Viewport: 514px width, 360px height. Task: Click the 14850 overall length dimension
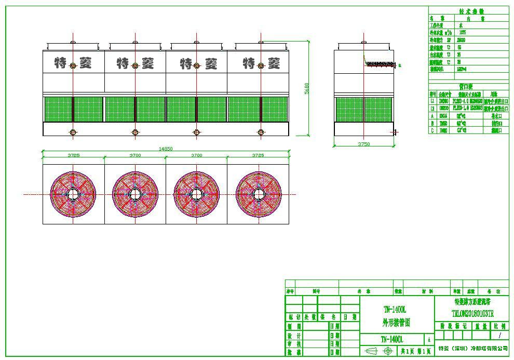pyautogui.click(x=166, y=149)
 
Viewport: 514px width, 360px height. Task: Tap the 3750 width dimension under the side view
pyautogui.click(x=363, y=144)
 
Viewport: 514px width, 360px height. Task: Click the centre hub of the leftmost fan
pyautogui.click(x=73, y=194)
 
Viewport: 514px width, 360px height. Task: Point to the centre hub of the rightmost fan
pyautogui.click(x=258, y=194)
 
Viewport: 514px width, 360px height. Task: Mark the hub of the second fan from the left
pyautogui.click(x=135, y=194)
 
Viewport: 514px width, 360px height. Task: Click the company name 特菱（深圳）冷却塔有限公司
pyautogui.click(x=473, y=349)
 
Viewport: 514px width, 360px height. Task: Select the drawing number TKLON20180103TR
pyautogui.click(x=472, y=314)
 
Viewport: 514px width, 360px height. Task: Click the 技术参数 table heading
pyautogui.click(x=471, y=11)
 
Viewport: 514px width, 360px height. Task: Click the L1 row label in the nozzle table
pyautogui.click(x=432, y=101)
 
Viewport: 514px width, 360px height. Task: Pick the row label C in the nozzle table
pyautogui.click(x=432, y=130)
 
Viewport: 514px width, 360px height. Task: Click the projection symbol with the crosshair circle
pyautogui.click(x=387, y=351)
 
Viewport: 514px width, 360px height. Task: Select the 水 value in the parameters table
pyautogui.click(x=461, y=25)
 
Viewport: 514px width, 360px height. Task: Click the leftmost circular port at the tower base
pyautogui.click(x=73, y=132)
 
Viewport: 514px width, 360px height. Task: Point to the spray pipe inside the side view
pyautogui.click(x=382, y=64)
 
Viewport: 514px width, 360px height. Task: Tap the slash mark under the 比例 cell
pyautogui.click(x=500, y=336)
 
